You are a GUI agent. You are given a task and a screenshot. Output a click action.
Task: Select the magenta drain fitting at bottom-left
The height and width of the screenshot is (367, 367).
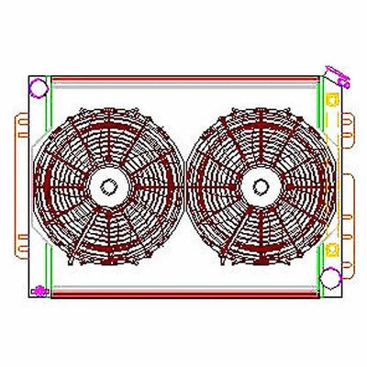(39, 292)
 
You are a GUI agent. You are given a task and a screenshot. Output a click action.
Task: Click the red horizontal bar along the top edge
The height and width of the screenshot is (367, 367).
(183, 79)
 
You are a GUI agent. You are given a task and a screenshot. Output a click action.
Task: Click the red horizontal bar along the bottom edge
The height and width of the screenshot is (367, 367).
(183, 295)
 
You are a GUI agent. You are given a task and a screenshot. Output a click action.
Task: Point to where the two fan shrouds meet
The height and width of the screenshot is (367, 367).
(183, 188)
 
